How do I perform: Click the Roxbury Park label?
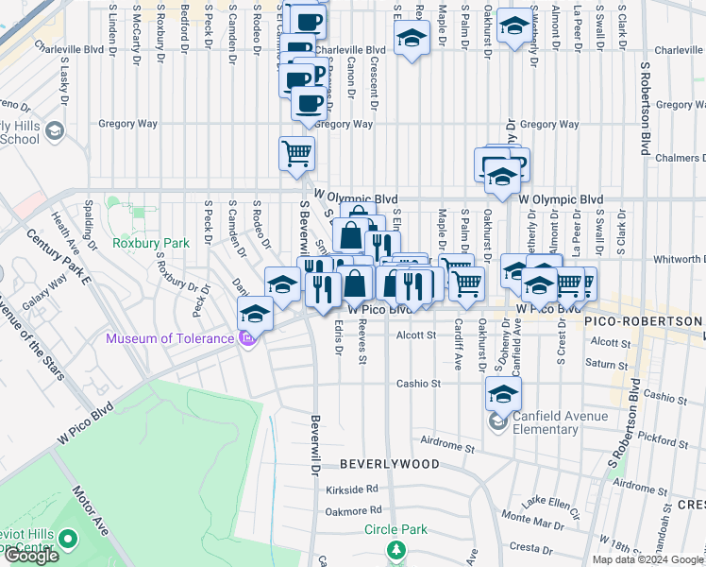click(x=152, y=243)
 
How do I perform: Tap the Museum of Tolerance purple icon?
click(x=247, y=338)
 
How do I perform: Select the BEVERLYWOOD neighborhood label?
click(x=389, y=464)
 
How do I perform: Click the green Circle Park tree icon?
click(x=396, y=549)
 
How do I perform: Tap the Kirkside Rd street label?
click(x=353, y=489)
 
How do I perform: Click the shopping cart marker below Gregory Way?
click(x=296, y=152)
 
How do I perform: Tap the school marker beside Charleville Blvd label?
click(x=410, y=40)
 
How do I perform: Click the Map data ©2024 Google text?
click(x=648, y=559)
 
